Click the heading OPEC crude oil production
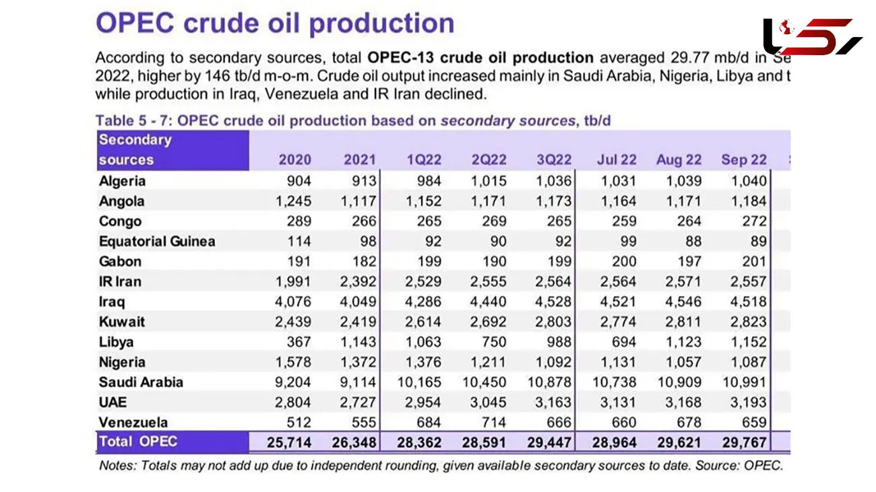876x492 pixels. (x=275, y=24)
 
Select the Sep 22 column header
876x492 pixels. (x=744, y=160)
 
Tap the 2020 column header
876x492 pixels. (x=295, y=160)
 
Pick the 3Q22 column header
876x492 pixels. (x=554, y=160)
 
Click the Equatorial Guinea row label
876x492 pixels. (x=157, y=242)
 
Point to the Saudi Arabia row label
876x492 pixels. (x=141, y=382)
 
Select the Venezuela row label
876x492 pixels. (x=133, y=423)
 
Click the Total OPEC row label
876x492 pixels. (x=138, y=442)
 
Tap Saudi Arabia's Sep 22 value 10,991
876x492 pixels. (x=744, y=382)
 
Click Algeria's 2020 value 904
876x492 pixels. (x=298, y=181)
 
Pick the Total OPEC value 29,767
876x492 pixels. (x=744, y=443)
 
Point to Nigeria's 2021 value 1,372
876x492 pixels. (x=359, y=362)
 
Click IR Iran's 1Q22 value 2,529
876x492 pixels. (x=424, y=281)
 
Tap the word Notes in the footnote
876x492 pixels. (x=115, y=465)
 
